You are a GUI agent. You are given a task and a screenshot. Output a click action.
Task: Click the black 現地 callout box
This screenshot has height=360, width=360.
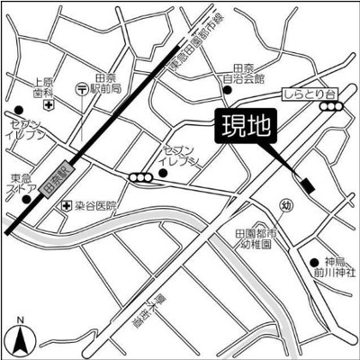click(246, 127)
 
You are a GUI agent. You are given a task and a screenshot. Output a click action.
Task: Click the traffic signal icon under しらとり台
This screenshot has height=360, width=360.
click(333, 106)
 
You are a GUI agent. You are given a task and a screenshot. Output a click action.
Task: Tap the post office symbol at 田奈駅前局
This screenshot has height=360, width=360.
click(82, 89)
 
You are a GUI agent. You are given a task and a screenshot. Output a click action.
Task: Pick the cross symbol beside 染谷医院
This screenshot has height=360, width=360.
click(66, 206)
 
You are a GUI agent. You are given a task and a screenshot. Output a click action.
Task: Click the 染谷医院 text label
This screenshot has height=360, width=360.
click(96, 206)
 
